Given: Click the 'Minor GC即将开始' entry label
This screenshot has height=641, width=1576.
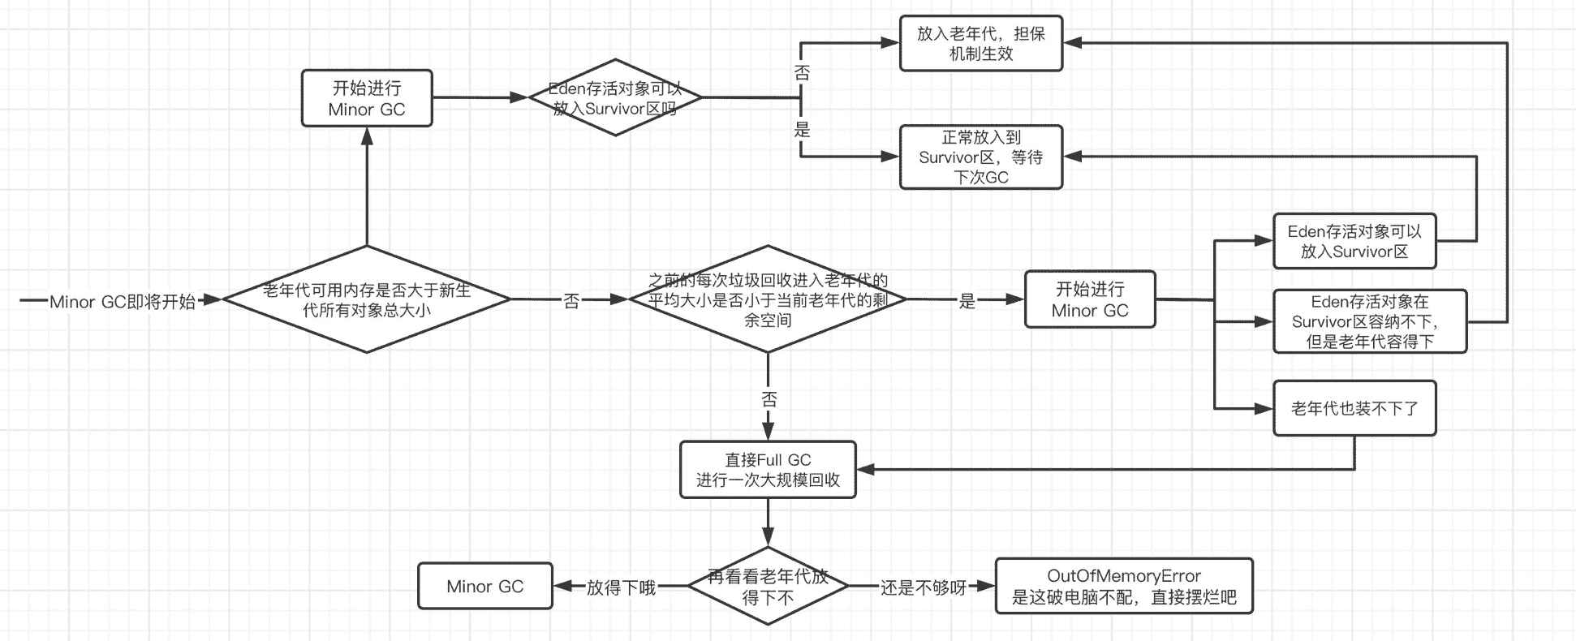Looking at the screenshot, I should pyautogui.click(x=122, y=302).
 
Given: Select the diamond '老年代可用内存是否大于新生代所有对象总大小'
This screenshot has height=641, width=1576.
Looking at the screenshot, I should pyautogui.click(x=367, y=299).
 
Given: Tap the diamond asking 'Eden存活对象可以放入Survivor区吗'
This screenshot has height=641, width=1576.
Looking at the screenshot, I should pyautogui.click(x=615, y=98).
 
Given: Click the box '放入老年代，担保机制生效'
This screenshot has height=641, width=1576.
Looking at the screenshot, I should pyautogui.click(x=980, y=44).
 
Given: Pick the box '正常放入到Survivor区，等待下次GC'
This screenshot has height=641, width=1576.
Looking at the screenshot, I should pyautogui.click(x=980, y=157).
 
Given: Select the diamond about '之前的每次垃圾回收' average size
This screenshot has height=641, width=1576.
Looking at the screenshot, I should pyautogui.click(x=768, y=299).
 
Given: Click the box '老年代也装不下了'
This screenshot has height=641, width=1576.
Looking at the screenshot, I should pyautogui.click(x=1354, y=408).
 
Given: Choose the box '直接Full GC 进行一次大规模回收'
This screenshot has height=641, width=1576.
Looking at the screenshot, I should pyautogui.click(x=768, y=470).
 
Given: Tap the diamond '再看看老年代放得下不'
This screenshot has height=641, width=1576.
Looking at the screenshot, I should pyautogui.click(x=768, y=587).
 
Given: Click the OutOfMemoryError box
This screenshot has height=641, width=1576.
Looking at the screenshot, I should pyautogui.click(x=1123, y=587).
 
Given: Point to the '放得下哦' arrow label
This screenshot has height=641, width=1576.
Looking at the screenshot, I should pyautogui.click(x=621, y=587).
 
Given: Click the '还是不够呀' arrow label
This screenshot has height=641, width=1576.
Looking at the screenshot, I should pyautogui.click(x=923, y=587).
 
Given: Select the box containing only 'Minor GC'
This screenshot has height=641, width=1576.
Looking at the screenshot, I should pyautogui.click(x=484, y=587).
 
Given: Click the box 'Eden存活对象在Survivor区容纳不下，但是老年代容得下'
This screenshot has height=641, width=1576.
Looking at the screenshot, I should pyautogui.click(x=1370, y=321).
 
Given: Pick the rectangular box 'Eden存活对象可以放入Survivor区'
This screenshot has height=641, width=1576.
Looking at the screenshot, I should pyautogui.click(x=1354, y=241).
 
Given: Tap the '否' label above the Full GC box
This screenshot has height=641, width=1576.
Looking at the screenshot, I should pyautogui.click(x=769, y=399).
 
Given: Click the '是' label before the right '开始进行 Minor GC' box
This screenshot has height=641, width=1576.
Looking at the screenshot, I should pyautogui.click(x=967, y=301).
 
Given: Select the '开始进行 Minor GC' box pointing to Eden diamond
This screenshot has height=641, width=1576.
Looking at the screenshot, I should pyautogui.click(x=367, y=98).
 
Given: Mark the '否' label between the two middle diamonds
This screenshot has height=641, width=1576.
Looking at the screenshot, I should pyautogui.click(x=571, y=301).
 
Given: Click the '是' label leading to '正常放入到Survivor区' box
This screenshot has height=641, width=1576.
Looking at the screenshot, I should pyautogui.click(x=802, y=129).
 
